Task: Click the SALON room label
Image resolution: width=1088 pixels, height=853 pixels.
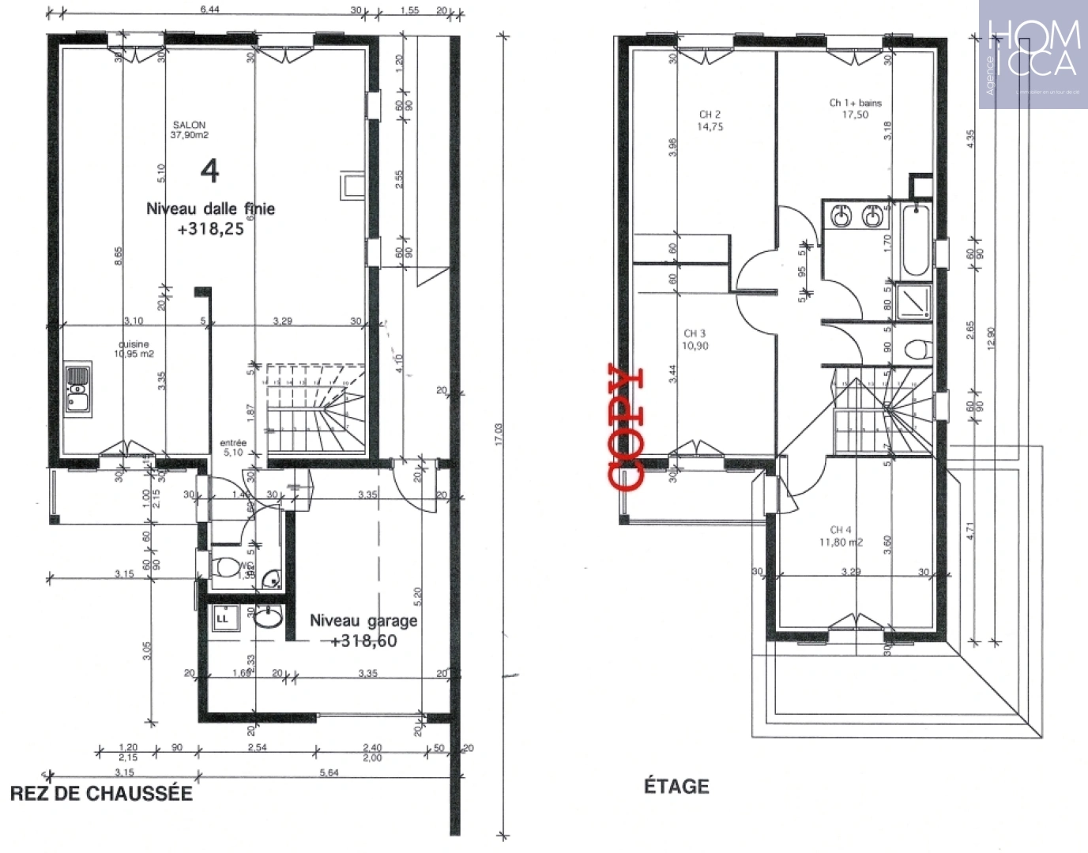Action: (x=189, y=130)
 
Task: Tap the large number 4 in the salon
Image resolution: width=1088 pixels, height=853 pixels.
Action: (x=209, y=171)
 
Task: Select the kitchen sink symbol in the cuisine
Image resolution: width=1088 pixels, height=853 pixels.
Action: (x=77, y=389)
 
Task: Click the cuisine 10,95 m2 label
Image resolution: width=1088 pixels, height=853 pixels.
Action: (x=134, y=349)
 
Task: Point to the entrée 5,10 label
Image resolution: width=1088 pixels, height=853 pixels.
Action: (x=233, y=448)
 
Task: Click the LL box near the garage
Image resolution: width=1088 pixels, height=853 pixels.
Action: (x=222, y=618)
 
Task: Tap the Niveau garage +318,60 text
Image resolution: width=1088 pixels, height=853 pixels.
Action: (x=363, y=630)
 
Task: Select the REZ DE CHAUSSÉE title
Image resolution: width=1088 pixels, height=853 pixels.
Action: (x=101, y=793)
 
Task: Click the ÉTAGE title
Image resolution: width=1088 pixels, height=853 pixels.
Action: (x=676, y=786)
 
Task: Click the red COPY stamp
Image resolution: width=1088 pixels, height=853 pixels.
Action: (x=627, y=426)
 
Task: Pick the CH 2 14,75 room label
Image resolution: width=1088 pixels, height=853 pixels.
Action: (x=710, y=120)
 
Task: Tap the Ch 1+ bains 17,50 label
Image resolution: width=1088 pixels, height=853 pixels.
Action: (x=855, y=108)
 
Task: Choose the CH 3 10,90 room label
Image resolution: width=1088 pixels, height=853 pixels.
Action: (x=695, y=340)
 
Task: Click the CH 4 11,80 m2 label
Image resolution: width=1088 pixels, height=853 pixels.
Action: (x=841, y=536)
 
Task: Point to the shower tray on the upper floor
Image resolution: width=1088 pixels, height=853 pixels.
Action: (x=915, y=302)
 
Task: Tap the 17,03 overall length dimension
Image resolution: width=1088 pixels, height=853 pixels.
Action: (x=499, y=434)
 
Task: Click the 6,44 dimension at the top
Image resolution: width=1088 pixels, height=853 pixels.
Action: (x=209, y=9)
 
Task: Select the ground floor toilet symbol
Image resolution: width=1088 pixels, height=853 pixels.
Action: (x=228, y=566)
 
